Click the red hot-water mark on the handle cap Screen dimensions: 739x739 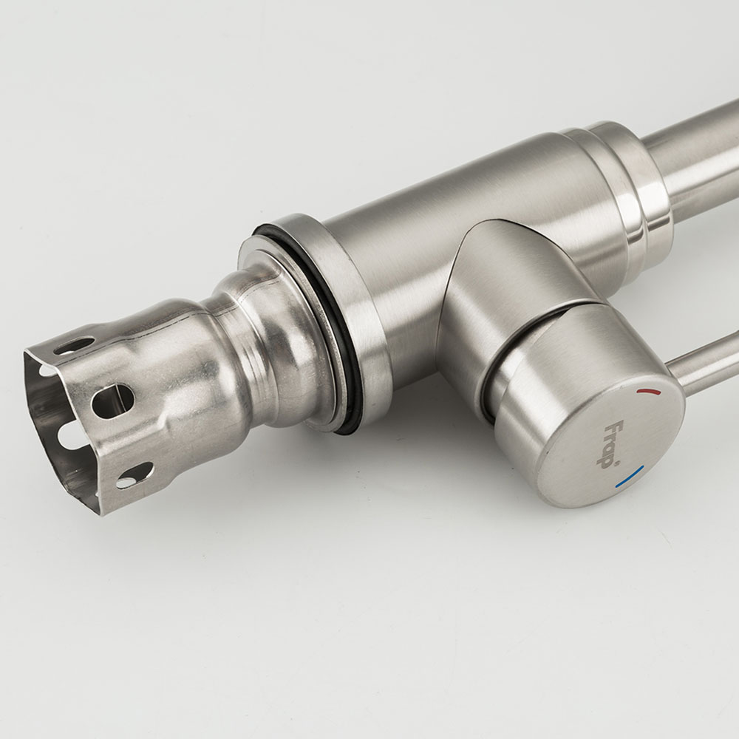(648, 391)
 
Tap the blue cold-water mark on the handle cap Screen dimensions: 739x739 (630, 476)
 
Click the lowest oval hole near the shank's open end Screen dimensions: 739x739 (134, 475)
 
